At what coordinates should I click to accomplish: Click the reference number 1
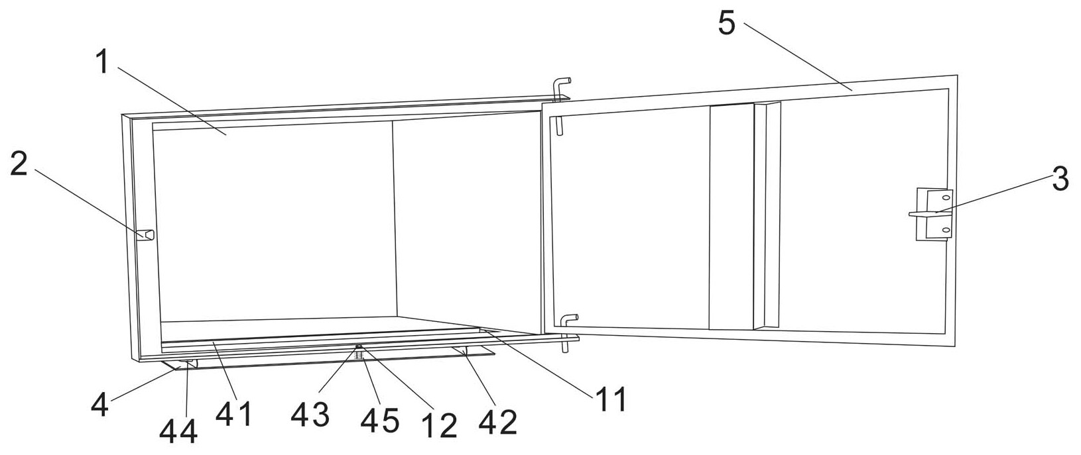tap(102, 62)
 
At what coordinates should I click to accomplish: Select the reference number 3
tap(1060, 179)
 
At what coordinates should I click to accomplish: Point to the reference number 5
tap(726, 23)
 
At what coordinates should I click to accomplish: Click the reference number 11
tap(612, 399)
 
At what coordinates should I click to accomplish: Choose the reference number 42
tap(498, 422)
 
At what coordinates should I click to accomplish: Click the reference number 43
tap(310, 415)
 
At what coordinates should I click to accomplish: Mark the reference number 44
tap(178, 431)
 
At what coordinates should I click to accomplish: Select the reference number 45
tap(380, 421)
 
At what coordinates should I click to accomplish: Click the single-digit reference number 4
tap(99, 405)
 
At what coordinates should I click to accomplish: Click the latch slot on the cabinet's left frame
tap(145, 234)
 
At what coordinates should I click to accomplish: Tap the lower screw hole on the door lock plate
tap(946, 230)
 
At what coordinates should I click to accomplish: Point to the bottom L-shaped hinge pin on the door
tap(567, 320)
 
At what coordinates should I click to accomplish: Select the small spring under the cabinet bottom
tap(358, 355)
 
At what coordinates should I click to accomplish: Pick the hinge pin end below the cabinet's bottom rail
tap(564, 347)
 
